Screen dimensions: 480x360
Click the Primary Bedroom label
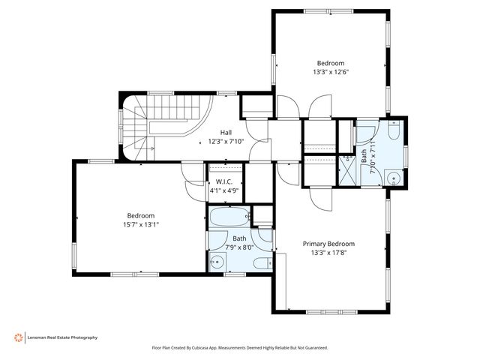point(328,244)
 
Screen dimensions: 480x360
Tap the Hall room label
point(226,133)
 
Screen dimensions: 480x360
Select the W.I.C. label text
point(224,181)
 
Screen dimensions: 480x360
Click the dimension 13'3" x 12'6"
point(331,72)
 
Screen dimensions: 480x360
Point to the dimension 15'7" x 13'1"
point(141,225)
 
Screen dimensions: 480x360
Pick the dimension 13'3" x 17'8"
point(328,253)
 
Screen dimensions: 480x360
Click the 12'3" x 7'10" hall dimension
point(226,142)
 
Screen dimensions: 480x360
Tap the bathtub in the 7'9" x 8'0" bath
point(229,217)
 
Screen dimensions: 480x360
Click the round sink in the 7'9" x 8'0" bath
point(217,262)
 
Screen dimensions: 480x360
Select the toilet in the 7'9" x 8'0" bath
point(263,263)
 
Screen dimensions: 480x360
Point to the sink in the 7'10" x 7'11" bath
point(394,178)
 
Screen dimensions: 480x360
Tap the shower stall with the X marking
point(349,171)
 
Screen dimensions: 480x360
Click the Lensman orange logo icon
point(18,337)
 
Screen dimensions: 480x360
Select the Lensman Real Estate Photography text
point(62,337)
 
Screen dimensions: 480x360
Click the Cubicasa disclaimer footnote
point(240,348)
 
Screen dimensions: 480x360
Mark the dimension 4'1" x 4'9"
point(224,190)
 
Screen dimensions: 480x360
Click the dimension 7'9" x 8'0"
point(239,247)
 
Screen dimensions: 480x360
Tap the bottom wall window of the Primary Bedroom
point(331,312)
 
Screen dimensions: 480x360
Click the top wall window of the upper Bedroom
point(328,12)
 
